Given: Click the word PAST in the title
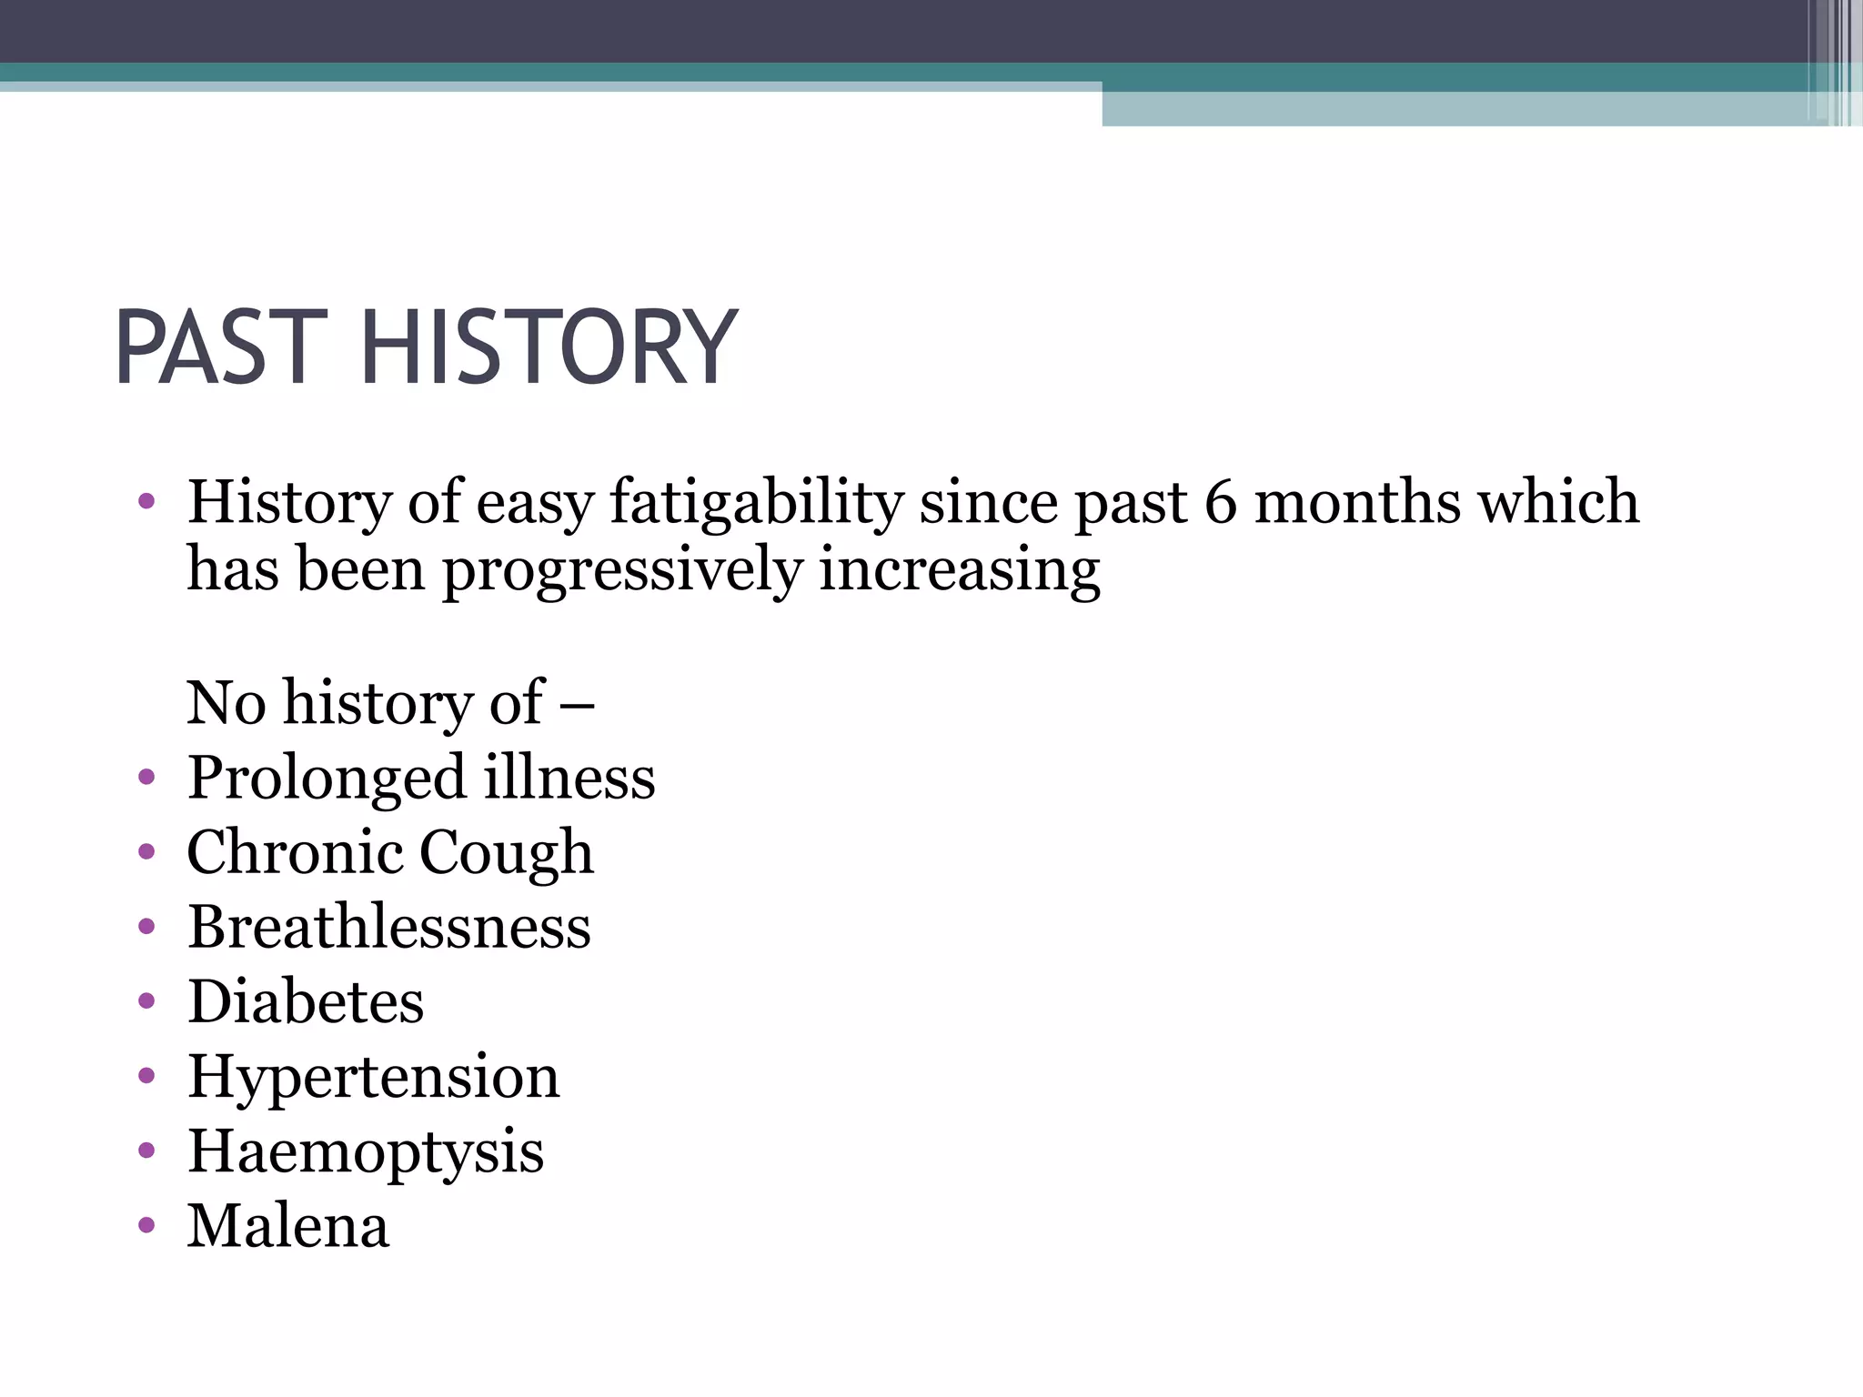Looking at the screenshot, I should (220, 347).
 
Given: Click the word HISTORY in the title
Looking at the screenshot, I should (549, 347).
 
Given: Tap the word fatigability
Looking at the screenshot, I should (756, 502).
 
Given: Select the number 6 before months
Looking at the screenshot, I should (1221, 502).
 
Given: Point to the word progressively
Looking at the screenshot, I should (622, 571).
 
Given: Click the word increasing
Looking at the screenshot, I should (960, 571).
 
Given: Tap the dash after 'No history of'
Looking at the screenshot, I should (577, 704).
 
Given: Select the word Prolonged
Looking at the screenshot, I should (327, 779).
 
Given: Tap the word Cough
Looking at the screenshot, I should (506, 852).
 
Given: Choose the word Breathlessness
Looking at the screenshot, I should (389, 927).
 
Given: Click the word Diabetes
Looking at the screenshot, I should (306, 1001).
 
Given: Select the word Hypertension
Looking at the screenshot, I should (373, 1077).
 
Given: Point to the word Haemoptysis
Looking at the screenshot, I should (366, 1151).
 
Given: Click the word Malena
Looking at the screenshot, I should (288, 1226).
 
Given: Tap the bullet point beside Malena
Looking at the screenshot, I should (146, 1226).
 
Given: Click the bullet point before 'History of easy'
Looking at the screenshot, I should (146, 502).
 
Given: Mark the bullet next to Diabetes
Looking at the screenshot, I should (146, 1002).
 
